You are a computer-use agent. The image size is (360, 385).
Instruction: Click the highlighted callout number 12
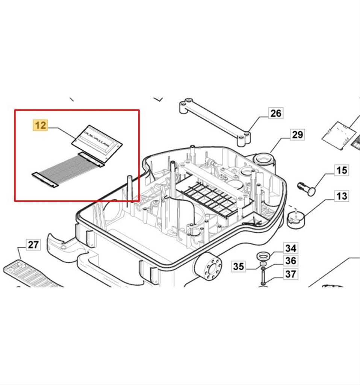pos(41,125)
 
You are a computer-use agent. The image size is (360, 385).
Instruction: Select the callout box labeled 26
pos(275,113)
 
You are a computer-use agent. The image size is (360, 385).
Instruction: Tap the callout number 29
pos(297,135)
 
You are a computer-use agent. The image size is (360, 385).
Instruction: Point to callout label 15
pos(341,170)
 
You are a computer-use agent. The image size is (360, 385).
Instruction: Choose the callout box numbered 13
pos(341,196)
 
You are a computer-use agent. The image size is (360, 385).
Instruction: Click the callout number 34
pos(290,248)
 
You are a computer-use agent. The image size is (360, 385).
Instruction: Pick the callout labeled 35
pos(239,267)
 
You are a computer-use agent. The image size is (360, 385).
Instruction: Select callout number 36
pos(290,261)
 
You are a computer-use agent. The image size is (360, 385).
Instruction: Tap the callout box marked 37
pos(290,274)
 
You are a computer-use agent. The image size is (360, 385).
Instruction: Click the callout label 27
pos(33,245)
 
